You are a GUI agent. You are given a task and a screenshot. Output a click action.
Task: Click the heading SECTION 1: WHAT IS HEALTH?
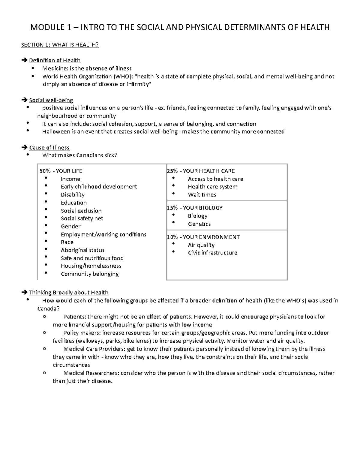click(x=60, y=45)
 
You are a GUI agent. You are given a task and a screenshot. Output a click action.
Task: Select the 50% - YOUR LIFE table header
click(x=61, y=171)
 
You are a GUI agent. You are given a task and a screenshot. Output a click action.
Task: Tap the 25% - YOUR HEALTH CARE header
click(x=201, y=171)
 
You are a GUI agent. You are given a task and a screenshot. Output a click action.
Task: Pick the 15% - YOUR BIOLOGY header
click(x=195, y=208)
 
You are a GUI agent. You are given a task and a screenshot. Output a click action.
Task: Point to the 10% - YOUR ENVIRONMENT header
click(x=203, y=237)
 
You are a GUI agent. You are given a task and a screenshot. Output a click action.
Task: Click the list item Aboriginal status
click(x=82, y=250)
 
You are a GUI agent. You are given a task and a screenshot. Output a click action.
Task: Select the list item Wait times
click(x=202, y=195)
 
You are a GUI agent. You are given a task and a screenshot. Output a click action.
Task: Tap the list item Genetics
click(x=199, y=224)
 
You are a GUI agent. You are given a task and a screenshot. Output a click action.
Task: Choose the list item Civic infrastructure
click(x=212, y=253)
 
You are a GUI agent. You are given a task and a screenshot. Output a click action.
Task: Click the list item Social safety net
click(x=82, y=218)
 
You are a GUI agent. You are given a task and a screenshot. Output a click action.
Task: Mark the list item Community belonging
click(x=90, y=274)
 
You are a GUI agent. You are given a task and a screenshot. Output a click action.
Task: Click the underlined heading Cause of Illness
click(x=49, y=148)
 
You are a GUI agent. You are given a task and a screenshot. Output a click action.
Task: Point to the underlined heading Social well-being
click(x=51, y=100)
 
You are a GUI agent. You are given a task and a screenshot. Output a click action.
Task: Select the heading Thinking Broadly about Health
click(x=69, y=293)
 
